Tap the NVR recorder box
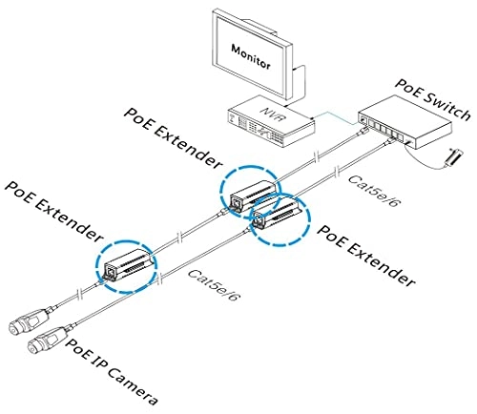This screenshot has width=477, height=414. (x=268, y=120)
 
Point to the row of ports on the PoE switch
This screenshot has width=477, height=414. (x=395, y=132)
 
